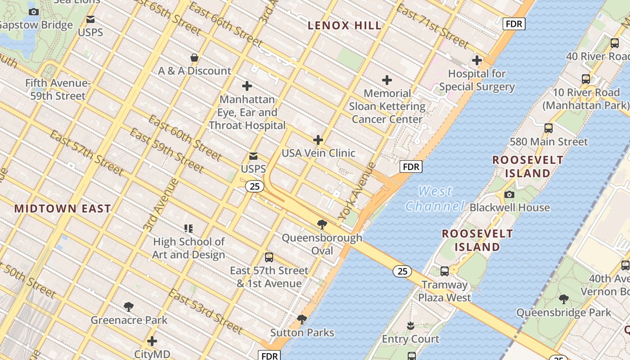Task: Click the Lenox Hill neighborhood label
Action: point(345,26)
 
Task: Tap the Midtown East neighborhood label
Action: point(63,209)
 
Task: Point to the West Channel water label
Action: point(435,198)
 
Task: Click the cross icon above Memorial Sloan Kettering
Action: point(387,81)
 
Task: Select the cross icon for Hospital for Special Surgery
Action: point(477,60)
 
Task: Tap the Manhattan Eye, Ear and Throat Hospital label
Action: point(247,112)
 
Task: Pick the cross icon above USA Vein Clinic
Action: point(318,140)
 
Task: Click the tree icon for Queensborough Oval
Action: point(322,225)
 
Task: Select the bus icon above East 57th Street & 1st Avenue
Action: point(269,257)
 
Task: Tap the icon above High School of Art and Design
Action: point(189,229)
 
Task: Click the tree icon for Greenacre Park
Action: point(129,307)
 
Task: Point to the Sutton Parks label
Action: point(302,333)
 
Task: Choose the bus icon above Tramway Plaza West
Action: point(445,271)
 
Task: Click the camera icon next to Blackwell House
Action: point(509,195)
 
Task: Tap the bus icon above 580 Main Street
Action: point(548,128)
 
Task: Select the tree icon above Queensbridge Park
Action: point(563,299)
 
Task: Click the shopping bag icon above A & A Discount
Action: point(194,58)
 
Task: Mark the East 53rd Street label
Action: point(206,311)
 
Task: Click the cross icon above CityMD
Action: point(152,341)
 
